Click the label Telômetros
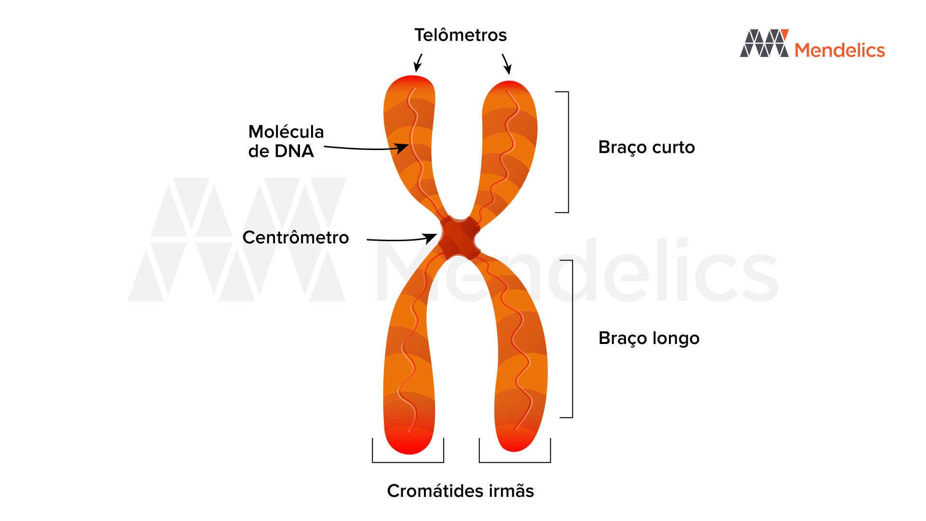pos(460,35)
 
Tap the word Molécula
pos(286,132)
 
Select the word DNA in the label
pos(294,151)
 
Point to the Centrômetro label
pos(295,237)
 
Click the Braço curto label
pos(646,147)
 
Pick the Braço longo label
pos(649,338)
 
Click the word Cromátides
pos(435,491)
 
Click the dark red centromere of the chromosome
pos(459,238)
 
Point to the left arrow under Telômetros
pos(418,63)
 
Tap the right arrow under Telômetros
pos(506,64)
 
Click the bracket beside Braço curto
pos(568,152)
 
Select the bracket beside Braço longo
pos(572,339)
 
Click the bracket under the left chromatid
pos(408,461)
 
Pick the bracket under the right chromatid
pos(515,461)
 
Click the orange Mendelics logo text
pos(840,50)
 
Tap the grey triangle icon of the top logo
pos(764,43)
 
